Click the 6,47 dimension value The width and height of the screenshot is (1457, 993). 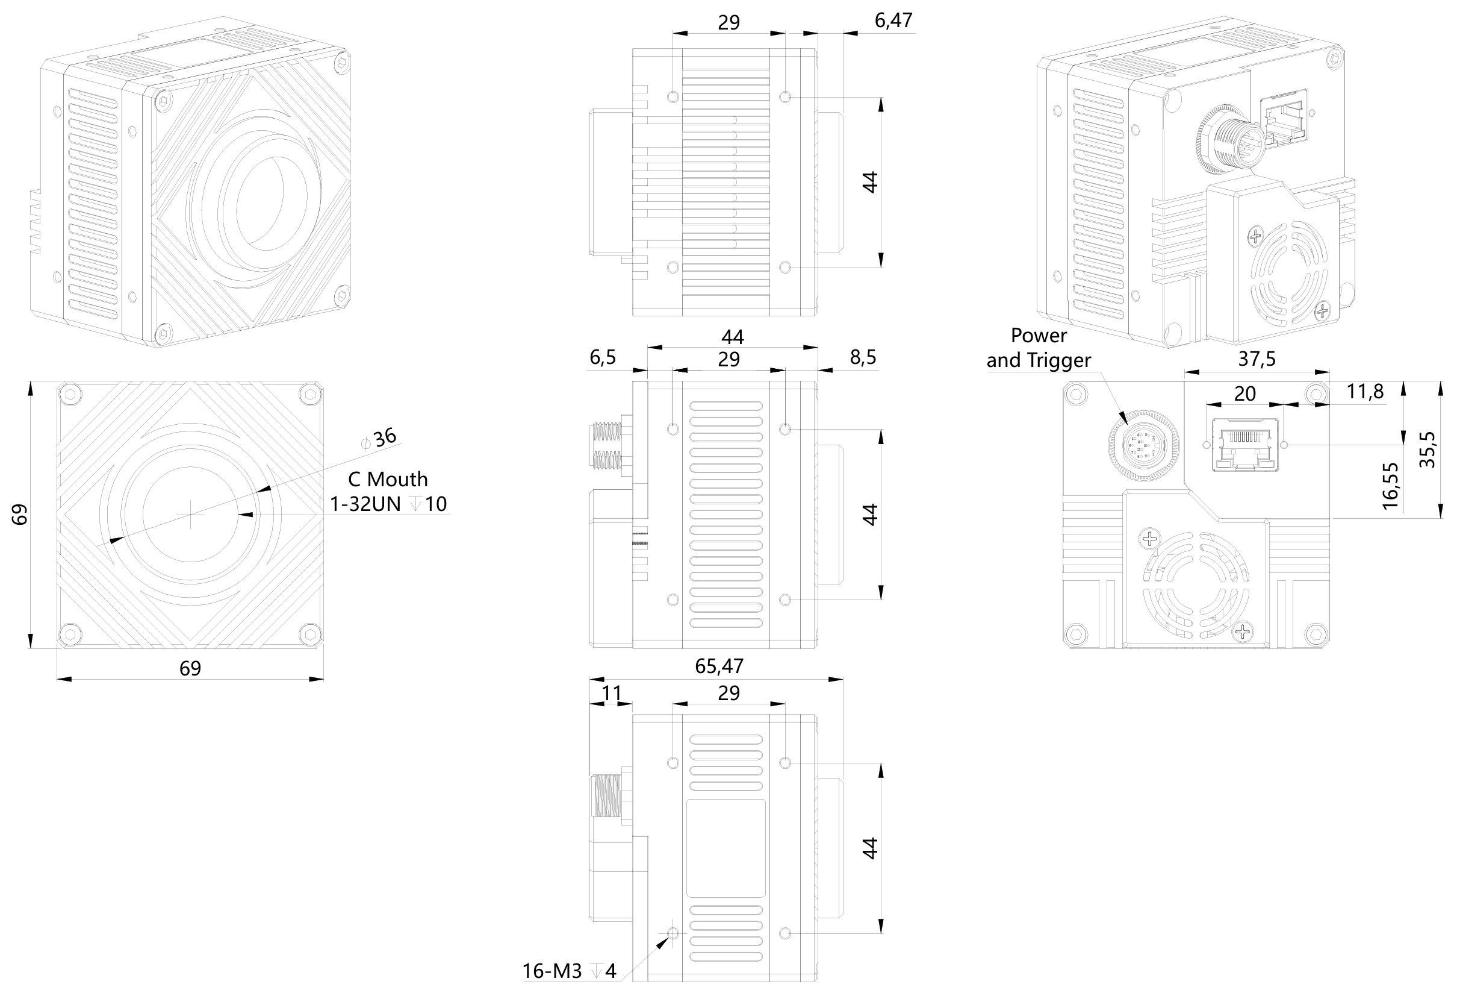tap(893, 20)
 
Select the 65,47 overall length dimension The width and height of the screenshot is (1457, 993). tap(718, 666)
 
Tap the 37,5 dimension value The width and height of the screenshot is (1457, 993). tap(1257, 359)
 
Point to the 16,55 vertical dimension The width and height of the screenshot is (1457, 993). tap(1390, 486)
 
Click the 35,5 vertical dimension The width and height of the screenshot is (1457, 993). tap(1427, 449)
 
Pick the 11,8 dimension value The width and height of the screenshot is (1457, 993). tap(1365, 392)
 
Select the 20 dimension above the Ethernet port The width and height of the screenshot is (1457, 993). tap(1244, 394)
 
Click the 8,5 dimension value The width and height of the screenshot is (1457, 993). tap(863, 357)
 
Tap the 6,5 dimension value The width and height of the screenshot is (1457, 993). tap(603, 357)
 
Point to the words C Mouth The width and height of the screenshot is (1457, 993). tap(388, 479)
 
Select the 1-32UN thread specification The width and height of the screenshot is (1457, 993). tap(365, 504)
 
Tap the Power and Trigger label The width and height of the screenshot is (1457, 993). tap(1038, 348)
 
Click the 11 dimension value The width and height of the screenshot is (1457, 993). tap(611, 693)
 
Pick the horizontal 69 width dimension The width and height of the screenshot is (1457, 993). tap(190, 669)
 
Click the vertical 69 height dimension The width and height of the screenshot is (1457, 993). tap(20, 515)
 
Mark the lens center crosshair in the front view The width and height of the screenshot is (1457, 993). tap(190, 515)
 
